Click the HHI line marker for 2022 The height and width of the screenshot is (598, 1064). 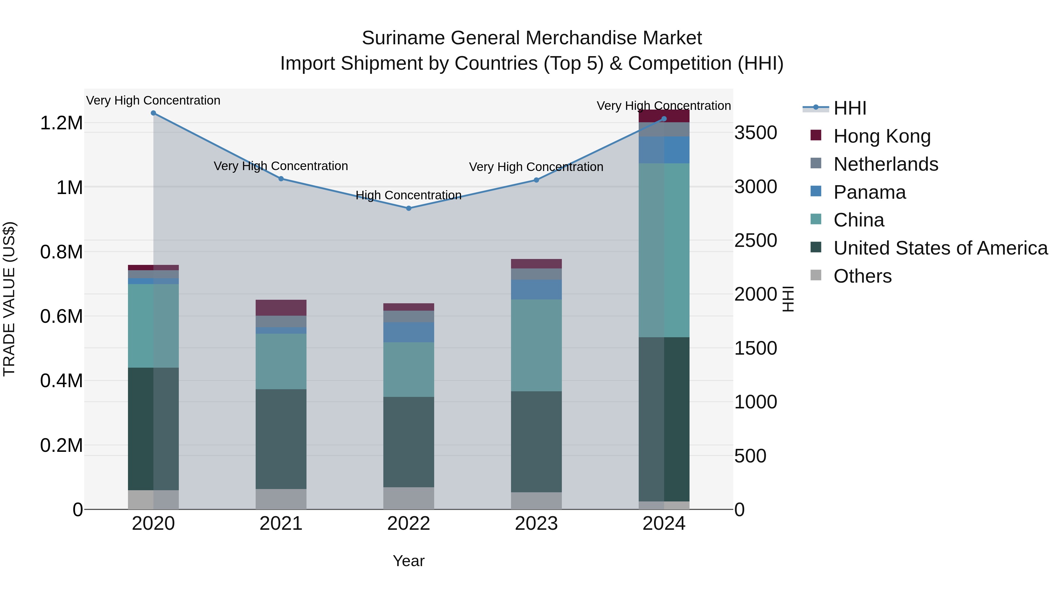[x=408, y=208]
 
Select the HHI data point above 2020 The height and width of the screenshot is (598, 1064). [x=153, y=113]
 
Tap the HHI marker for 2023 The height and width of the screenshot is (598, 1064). [x=536, y=180]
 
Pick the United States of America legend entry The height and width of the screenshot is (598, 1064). [x=940, y=248]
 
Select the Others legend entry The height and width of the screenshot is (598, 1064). [x=862, y=276]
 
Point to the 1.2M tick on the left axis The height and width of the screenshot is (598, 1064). [x=61, y=123]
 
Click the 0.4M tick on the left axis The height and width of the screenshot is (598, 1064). [x=61, y=381]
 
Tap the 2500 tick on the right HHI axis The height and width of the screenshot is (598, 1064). [x=755, y=241]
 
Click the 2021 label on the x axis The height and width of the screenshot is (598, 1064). [x=281, y=524]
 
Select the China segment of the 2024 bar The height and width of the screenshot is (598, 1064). [x=664, y=250]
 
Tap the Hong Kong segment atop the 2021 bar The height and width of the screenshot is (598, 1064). [x=281, y=307]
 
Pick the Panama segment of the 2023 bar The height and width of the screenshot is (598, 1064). [x=536, y=289]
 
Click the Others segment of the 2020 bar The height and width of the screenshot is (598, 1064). [x=153, y=499]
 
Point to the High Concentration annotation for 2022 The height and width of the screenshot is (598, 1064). [x=408, y=195]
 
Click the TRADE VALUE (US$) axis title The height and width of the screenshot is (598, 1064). [x=9, y=299]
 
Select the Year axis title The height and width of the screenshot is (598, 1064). [x=408, y=561]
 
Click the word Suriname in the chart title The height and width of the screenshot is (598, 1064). [x=403, y=38]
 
